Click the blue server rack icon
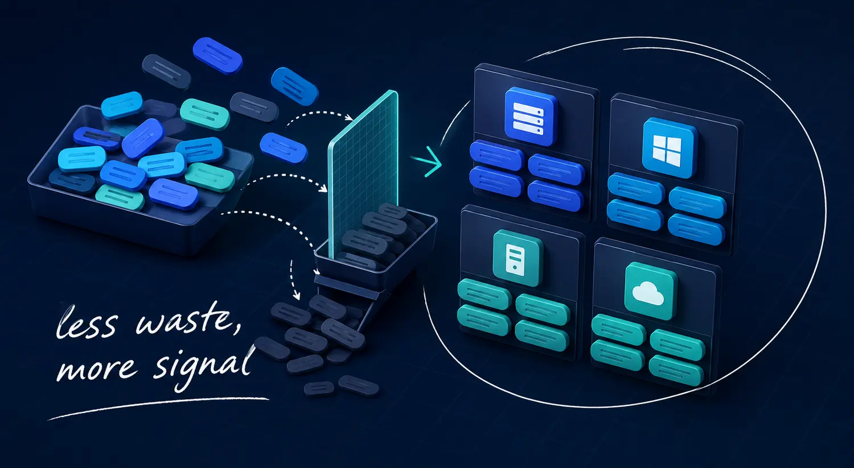530,116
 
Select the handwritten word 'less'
86,321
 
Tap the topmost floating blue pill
217,55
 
